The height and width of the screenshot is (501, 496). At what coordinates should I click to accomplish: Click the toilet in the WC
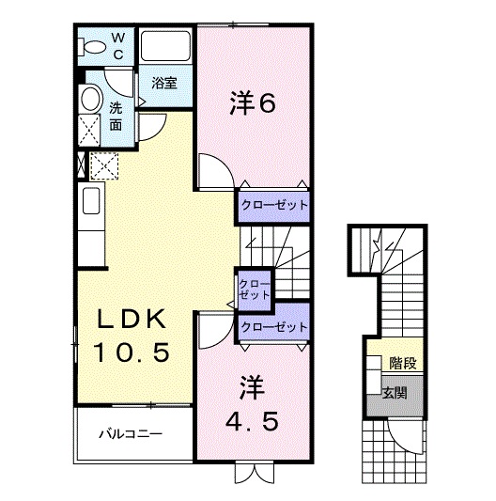tap(92, 47)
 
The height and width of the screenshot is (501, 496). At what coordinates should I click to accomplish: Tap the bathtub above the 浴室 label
tap(165, 46)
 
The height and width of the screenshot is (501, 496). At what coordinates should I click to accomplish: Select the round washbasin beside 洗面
tap(91, 98)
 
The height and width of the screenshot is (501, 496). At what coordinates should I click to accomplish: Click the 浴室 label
tap(164, 84)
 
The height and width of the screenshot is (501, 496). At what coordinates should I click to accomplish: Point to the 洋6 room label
tap(252, 103)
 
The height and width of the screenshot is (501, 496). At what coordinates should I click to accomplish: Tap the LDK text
tap(132, 319)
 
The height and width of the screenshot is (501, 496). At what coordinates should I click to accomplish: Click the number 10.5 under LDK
tap(131, 352)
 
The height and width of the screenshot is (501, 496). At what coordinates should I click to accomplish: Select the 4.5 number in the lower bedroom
tap(252, 421)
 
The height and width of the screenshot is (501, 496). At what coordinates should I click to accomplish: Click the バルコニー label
tap(131, 434)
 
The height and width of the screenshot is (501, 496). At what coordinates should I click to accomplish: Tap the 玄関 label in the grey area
tap(395, 393)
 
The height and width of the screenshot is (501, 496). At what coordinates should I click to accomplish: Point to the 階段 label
tap(403, 363)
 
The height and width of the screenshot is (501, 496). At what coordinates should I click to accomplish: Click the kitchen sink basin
tap(91, 201)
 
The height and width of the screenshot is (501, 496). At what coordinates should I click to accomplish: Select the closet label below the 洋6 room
tap(274, 205)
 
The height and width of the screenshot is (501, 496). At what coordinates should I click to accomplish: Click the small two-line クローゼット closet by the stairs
tap(255, 290)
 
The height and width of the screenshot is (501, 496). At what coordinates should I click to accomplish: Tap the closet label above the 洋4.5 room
tap(274, 326)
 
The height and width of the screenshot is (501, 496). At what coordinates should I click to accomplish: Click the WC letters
tap(117, 47)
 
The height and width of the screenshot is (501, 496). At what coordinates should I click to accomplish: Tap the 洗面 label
tap(116, 117)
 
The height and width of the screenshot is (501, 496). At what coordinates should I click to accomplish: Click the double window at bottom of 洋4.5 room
tap(255, 472)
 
